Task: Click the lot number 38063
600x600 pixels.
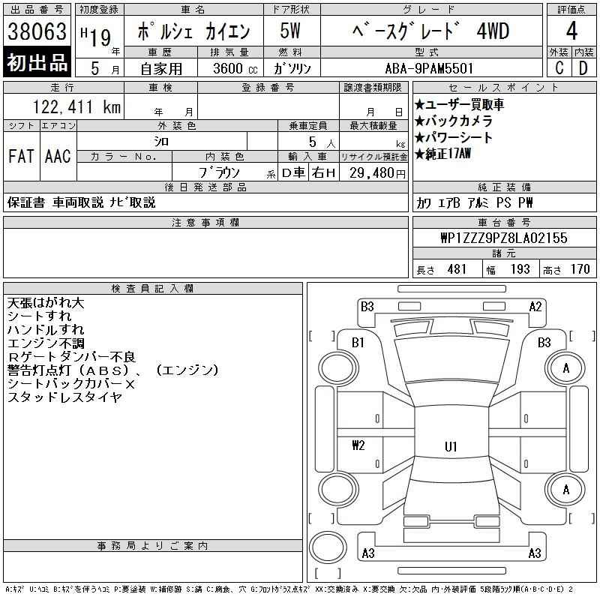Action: [x=37, y=31]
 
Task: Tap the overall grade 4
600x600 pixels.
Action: [x=571, y=31]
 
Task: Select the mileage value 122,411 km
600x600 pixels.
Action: [x=76, y=106]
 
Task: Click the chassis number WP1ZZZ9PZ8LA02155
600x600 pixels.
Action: [x=504, y=238]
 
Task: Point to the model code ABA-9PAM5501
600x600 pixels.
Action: [x=429, y=68]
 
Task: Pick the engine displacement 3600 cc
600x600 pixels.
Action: [x=235, y=68]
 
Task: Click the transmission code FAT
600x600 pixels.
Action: [x=21, y=156]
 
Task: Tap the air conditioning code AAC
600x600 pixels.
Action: [x=58, y=156]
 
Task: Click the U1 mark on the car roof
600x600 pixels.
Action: [x=451, y=446]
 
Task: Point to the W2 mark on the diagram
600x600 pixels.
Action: [x=358, y=445]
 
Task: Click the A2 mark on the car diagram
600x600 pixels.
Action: [x=535, y=307]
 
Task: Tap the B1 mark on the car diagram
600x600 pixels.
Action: [x=358, y=343]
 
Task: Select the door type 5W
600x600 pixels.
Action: [x=290, y=31]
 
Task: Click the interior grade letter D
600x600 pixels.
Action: [x=583, y=68]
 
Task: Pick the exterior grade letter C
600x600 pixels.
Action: [x=559, y=68]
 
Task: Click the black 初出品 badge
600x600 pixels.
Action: [x=37, y=62]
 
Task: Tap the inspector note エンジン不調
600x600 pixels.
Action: [x=46, y=343]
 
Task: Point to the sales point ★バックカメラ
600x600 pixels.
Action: [x=454, y=121]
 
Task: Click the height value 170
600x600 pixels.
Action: [x=580, y=269]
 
